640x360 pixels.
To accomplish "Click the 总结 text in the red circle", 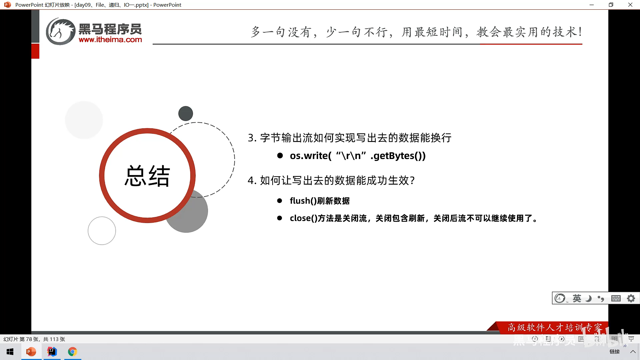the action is pos(147,176).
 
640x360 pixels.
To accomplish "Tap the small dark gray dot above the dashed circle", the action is pos(186,113).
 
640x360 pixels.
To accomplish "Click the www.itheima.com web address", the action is pos(110,40).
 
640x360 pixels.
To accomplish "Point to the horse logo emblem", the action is pos(60,32).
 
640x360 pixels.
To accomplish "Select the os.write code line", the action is pos(358,156).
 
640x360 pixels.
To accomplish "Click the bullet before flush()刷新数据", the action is pos(280,201).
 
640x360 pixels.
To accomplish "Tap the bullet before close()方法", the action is pos(280,218).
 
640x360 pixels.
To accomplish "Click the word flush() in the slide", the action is pos(303,201).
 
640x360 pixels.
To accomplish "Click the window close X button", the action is pos(630,5).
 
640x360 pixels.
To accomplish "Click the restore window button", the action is pos(611,5).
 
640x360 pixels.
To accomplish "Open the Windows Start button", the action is pos(10,352).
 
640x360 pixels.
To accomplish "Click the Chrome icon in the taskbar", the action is pos(72,352).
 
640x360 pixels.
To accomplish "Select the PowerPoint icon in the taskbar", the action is pos(31,352).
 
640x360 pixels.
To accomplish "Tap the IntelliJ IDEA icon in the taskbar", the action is pos(52,352).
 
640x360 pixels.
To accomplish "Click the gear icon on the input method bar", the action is pos(631,298).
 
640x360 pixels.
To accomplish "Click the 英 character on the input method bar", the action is pos(577,298).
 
